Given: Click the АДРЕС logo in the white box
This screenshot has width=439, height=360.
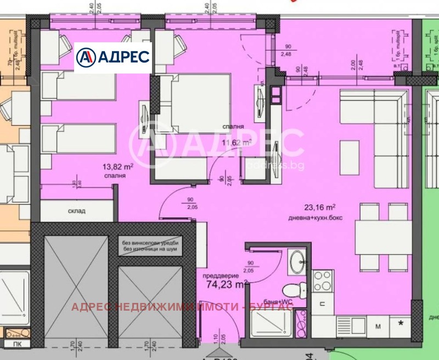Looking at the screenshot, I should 112,57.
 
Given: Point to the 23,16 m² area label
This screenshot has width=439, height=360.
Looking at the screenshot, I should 319,207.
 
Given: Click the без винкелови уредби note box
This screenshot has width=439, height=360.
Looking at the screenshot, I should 150,245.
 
